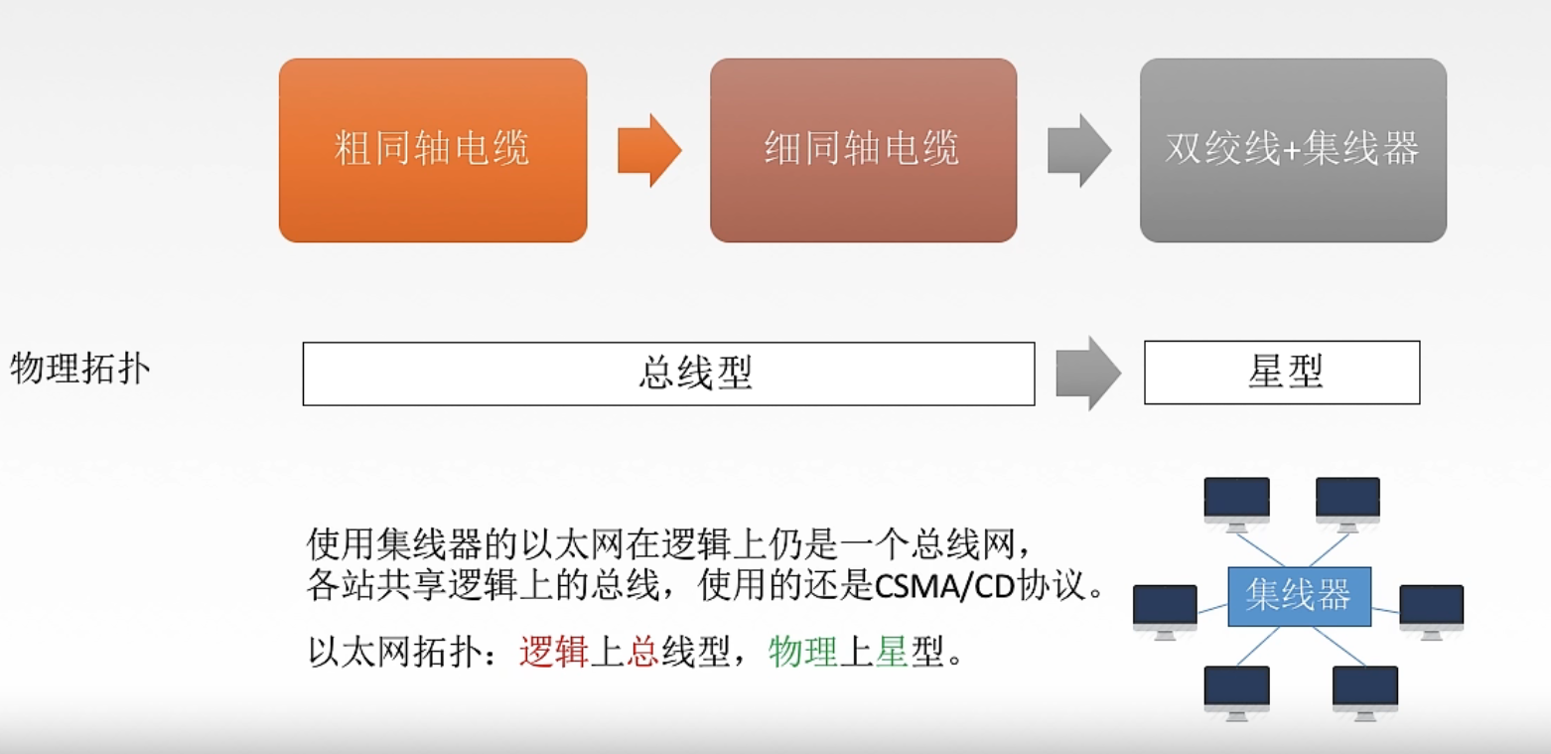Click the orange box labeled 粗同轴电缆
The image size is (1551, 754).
point(433,150)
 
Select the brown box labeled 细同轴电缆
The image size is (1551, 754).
point(863,150)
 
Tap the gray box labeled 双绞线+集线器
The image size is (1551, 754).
point(1293,150)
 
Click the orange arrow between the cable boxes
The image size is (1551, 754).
point(649,150)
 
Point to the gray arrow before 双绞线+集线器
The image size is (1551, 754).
point(1079,150)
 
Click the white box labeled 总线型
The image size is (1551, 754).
point(668,374)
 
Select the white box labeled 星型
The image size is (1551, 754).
point(1282,373)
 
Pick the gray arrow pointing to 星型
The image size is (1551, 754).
point(1088,373)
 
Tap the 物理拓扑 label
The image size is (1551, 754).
point(79,369)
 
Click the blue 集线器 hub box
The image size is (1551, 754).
point(1299,596)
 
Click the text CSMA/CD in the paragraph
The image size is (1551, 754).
point(942,587)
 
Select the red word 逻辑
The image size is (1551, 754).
point(553,654)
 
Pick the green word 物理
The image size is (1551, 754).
point(803,654)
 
